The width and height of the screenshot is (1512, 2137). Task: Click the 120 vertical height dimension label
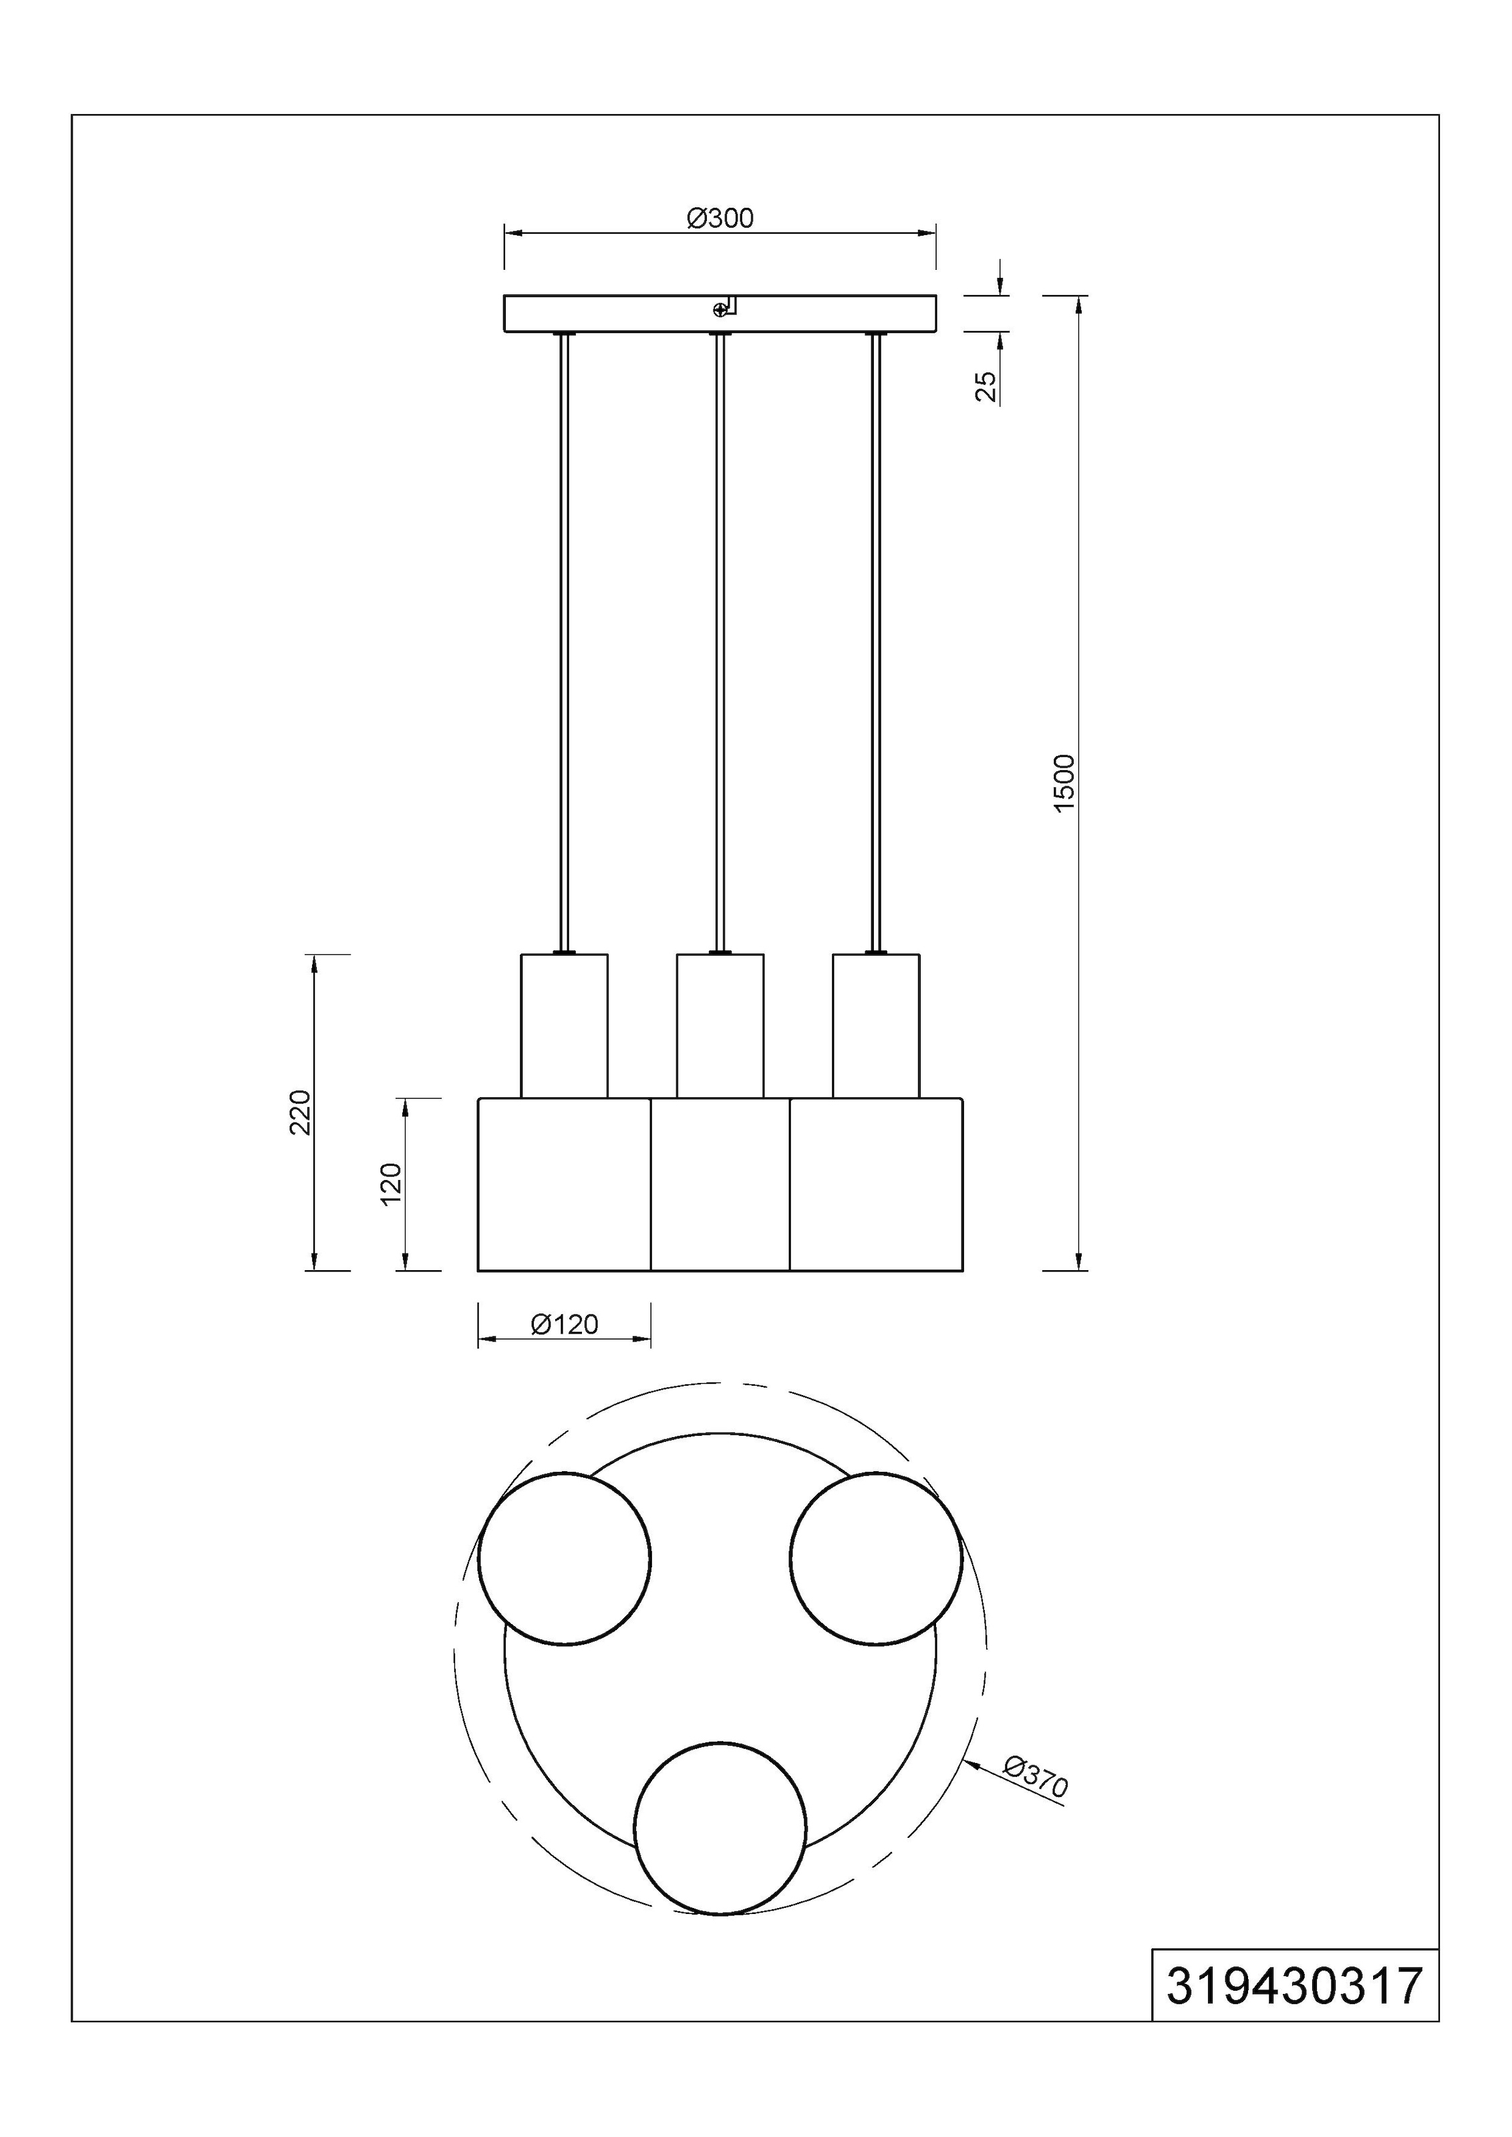391,1184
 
